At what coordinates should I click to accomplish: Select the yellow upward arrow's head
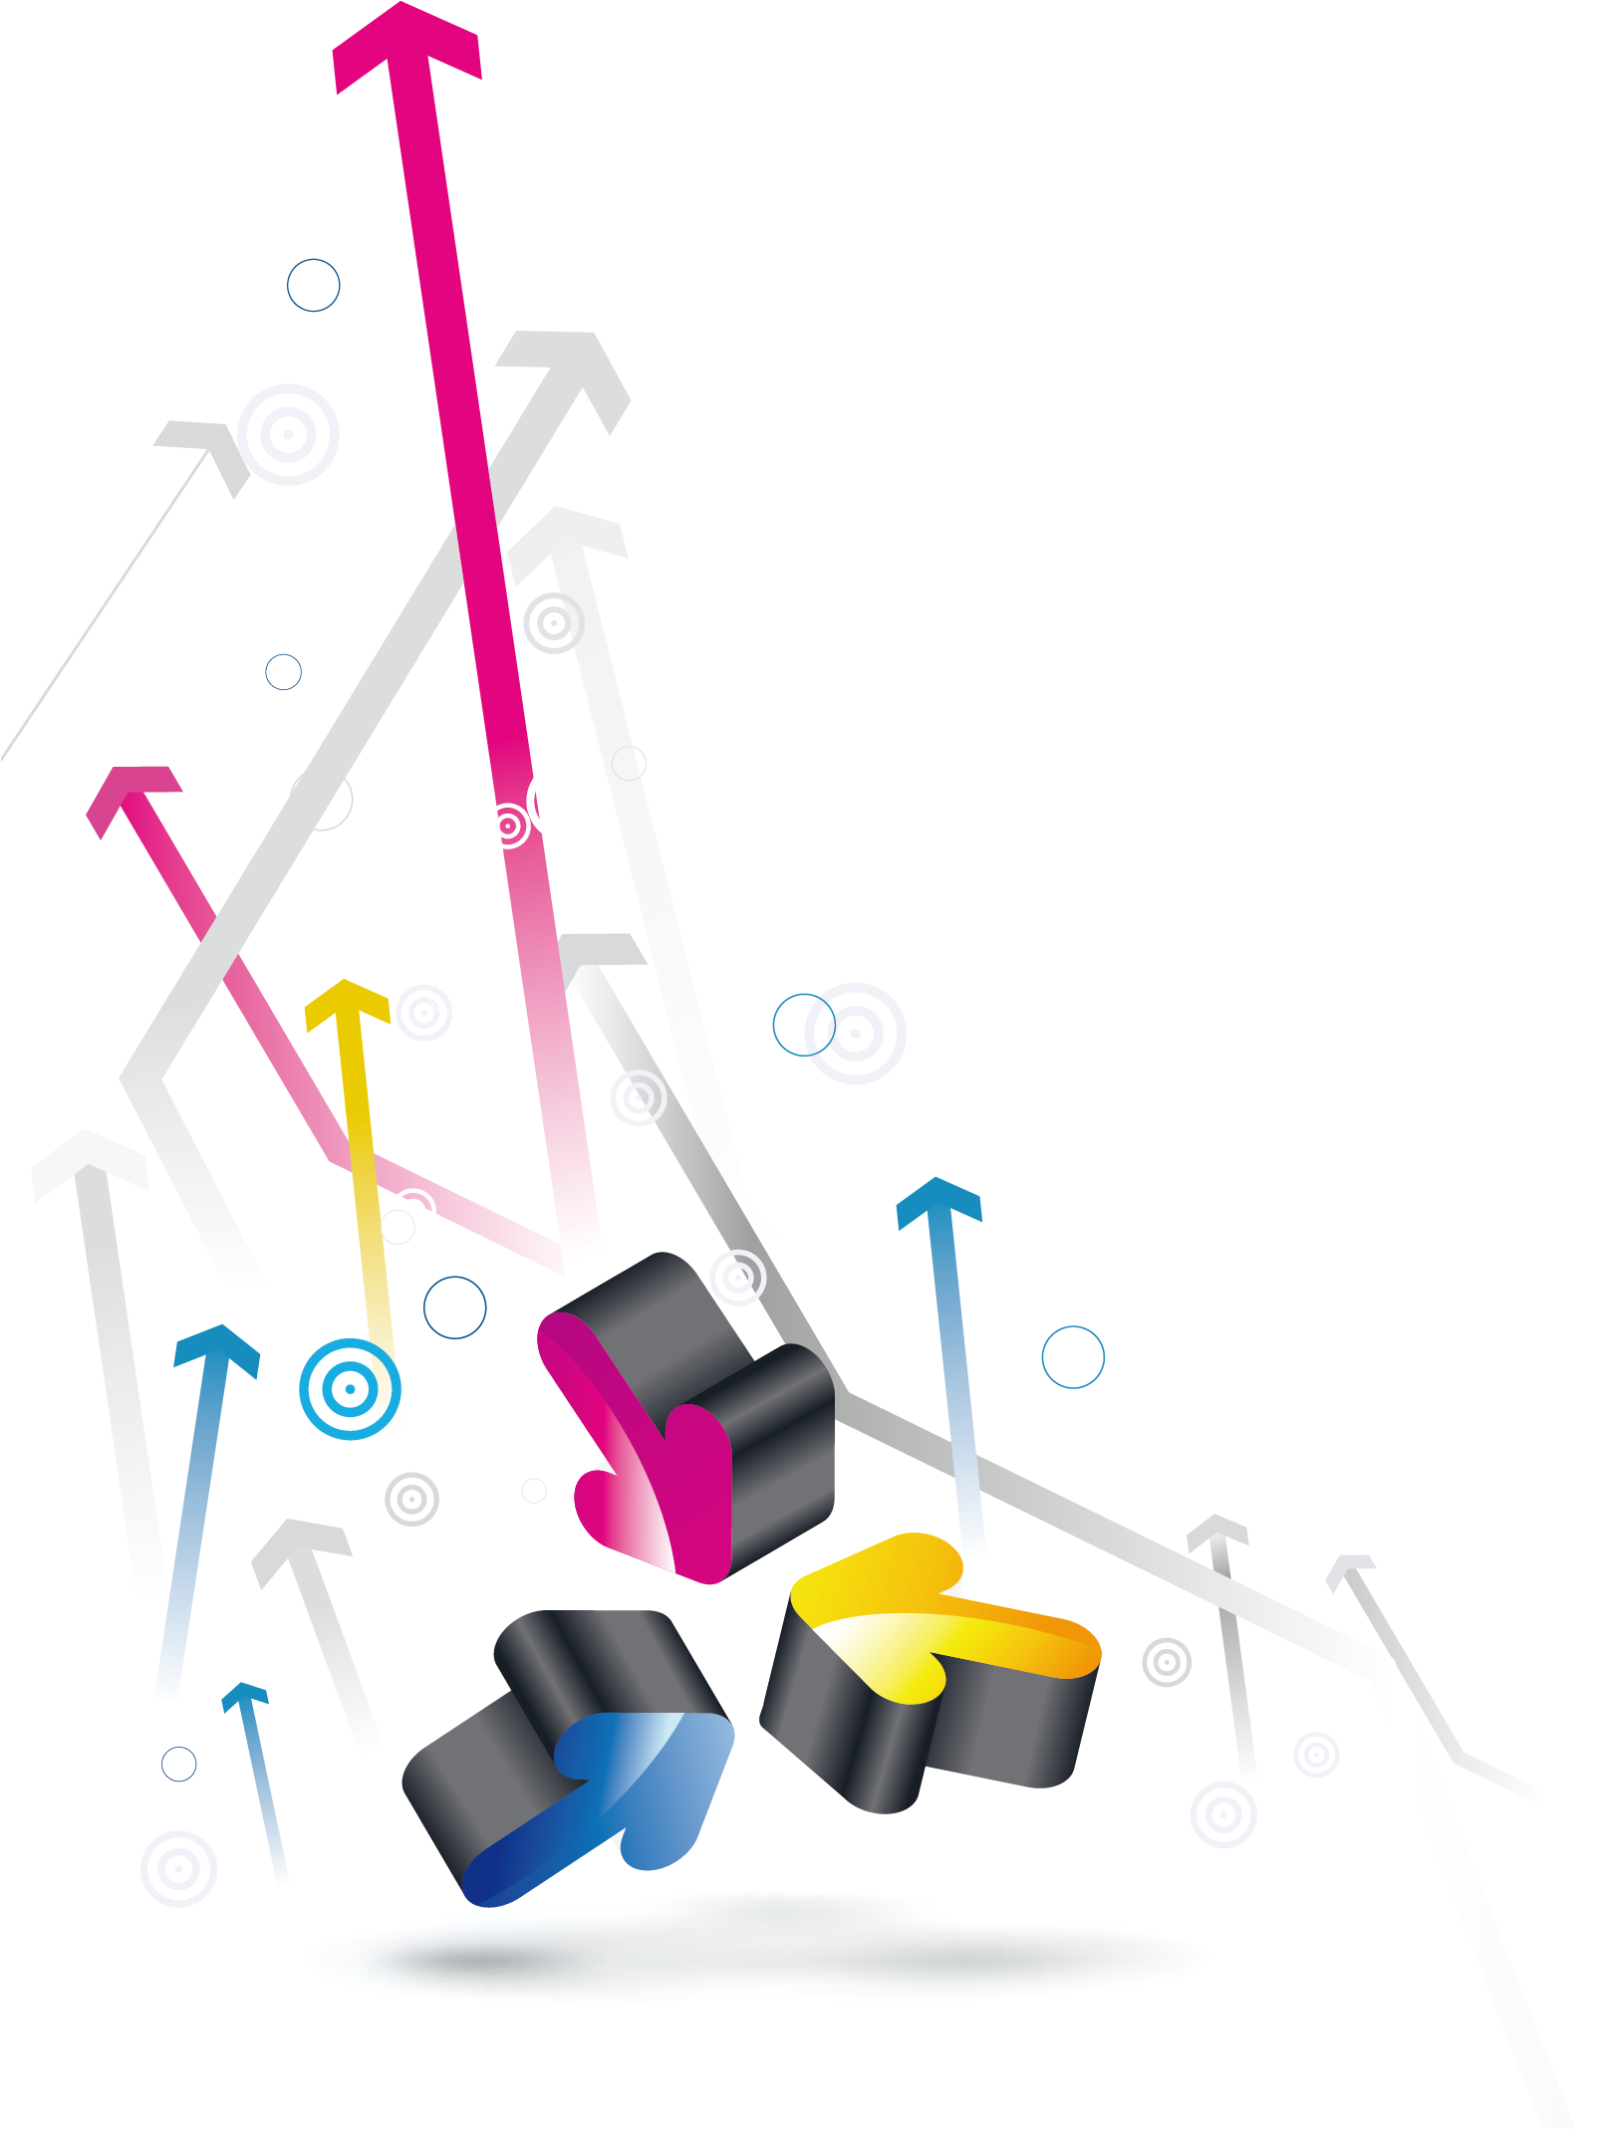[346, 999]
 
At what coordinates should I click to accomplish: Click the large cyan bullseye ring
[350, 1388]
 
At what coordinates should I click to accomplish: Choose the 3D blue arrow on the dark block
[618, 1792]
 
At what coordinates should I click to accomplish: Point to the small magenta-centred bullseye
[507, 826]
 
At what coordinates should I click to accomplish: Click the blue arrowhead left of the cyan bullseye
[217, 1344]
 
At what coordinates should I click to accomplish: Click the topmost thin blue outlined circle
[313, 285]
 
